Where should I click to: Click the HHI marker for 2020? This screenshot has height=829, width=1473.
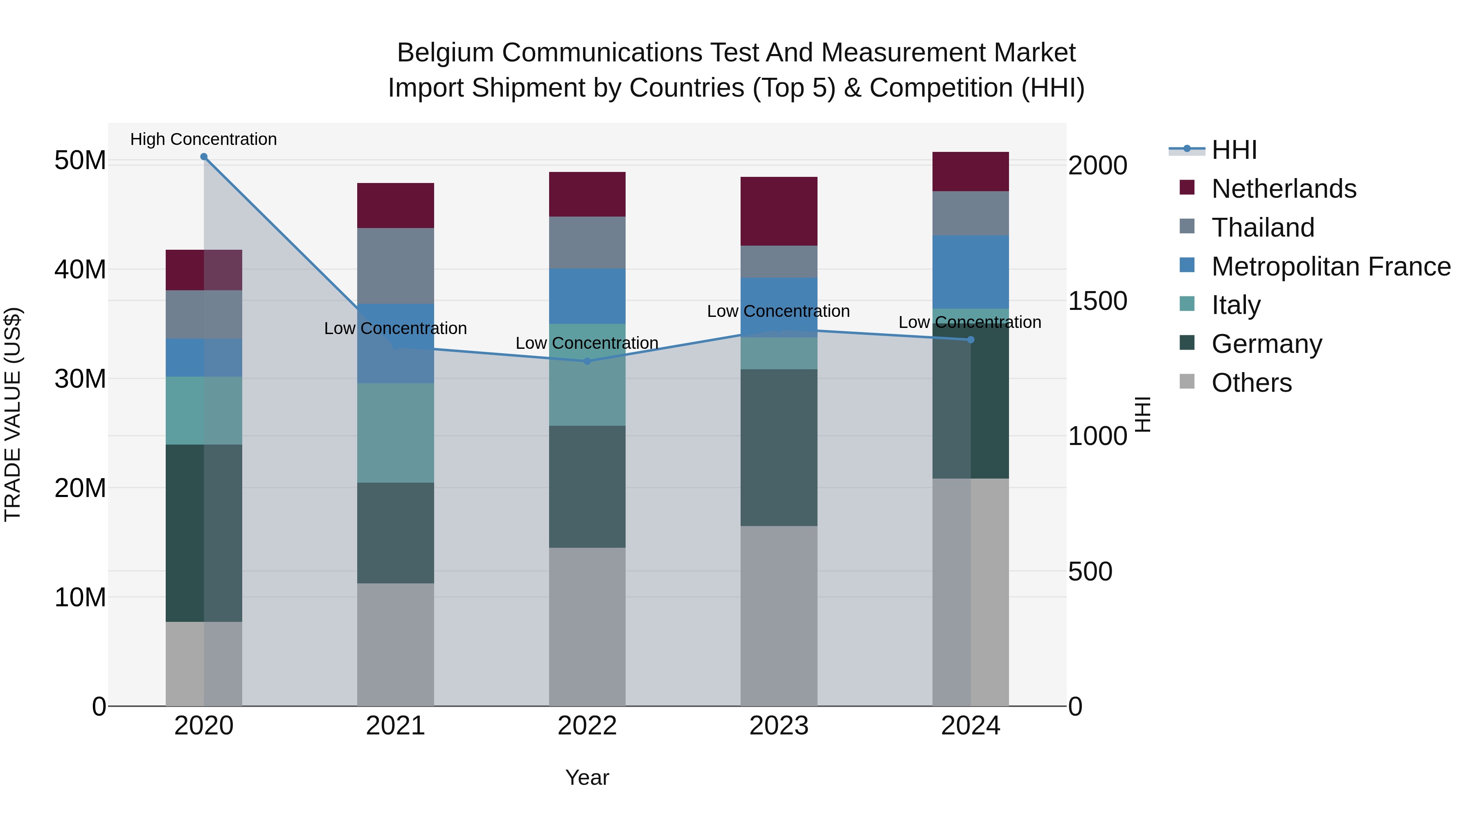(x=204, y=157)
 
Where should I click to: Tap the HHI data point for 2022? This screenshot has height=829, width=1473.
(x=587, y=361)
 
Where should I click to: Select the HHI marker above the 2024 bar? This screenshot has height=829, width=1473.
(x=971, y=340)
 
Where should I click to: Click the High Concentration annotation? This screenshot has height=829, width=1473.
(x=204, y=140)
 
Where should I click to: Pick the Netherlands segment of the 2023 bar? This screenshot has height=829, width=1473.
(x=779, y=211)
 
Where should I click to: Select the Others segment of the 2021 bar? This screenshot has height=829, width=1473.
(x=395, y=644)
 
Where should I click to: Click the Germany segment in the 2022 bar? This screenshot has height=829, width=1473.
(x=587, y=486)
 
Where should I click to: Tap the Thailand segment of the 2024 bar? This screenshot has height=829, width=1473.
(x=971, y=213)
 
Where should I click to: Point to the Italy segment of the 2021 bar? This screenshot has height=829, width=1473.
(x=395, y=433)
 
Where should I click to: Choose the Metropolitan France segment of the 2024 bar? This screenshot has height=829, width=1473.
(x=971, y=272)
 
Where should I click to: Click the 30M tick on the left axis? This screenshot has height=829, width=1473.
(x=80, y=379)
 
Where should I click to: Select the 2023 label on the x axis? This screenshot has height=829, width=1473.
(x=779, y=726)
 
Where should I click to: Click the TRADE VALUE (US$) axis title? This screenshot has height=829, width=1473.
(x=13, y=414)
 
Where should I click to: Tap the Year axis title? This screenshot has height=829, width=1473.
(x=587, y=777)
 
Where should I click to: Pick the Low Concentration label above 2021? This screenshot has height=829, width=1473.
(x=395, y=328)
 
